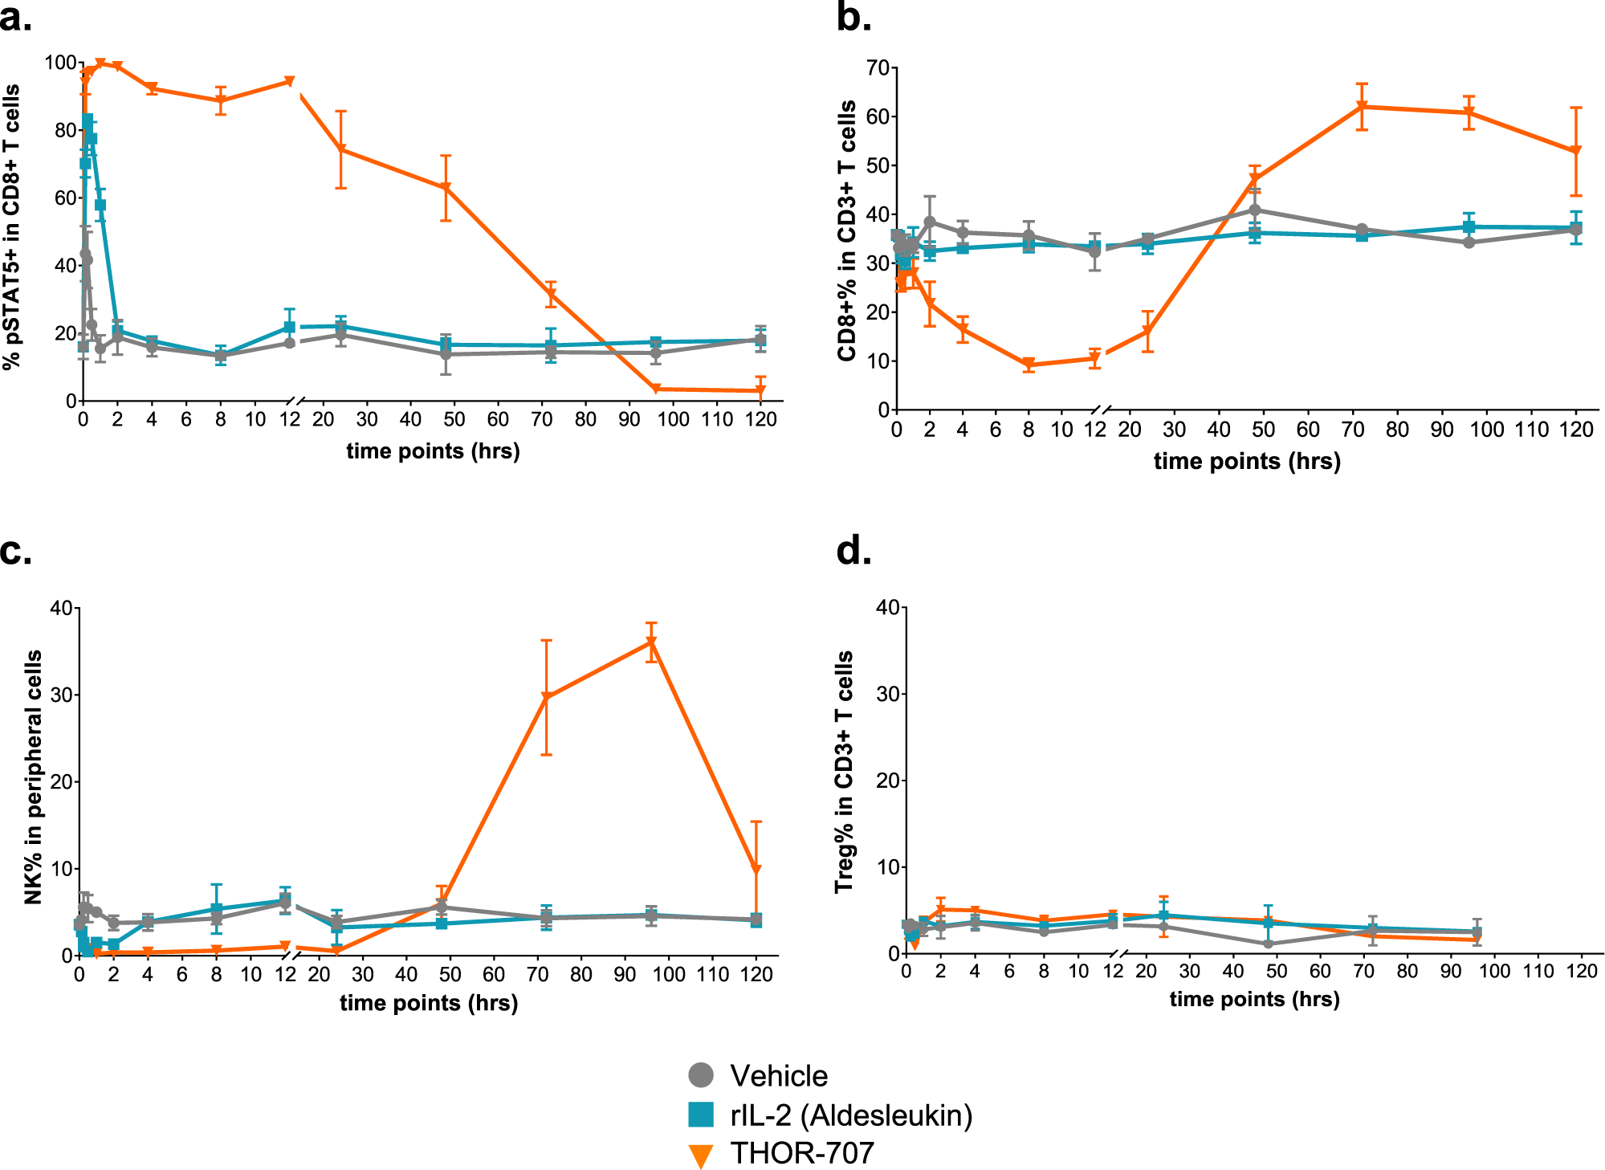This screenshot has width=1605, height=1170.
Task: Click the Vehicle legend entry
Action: (759, 1075)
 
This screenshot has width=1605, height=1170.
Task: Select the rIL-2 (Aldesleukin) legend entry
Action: (831, 1115)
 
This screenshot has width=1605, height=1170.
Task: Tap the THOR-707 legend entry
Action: (782, 1153)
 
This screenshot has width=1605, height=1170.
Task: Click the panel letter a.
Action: (16, 18)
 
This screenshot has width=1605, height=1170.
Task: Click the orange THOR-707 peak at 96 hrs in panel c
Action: (652, 642)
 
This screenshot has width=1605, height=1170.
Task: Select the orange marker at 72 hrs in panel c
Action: (546, 698)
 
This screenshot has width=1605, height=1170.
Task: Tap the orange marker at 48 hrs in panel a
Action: (446, 188)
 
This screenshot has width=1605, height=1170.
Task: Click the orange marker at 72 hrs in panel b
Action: (1362, 106)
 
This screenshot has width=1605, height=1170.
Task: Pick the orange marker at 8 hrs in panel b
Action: (1029, 365)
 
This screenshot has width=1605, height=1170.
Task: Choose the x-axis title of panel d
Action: (1254, 999)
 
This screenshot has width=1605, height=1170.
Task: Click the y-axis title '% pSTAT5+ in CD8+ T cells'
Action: (11, 228)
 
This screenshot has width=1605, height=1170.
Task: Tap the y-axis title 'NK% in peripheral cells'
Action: (33, 777)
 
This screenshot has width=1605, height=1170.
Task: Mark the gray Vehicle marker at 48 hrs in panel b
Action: (1254, 210)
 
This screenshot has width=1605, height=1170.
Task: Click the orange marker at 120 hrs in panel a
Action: (760, 391)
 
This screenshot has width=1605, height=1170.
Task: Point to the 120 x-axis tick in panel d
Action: (1582, 972)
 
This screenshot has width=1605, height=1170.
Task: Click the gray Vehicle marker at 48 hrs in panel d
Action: (1269, 944)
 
